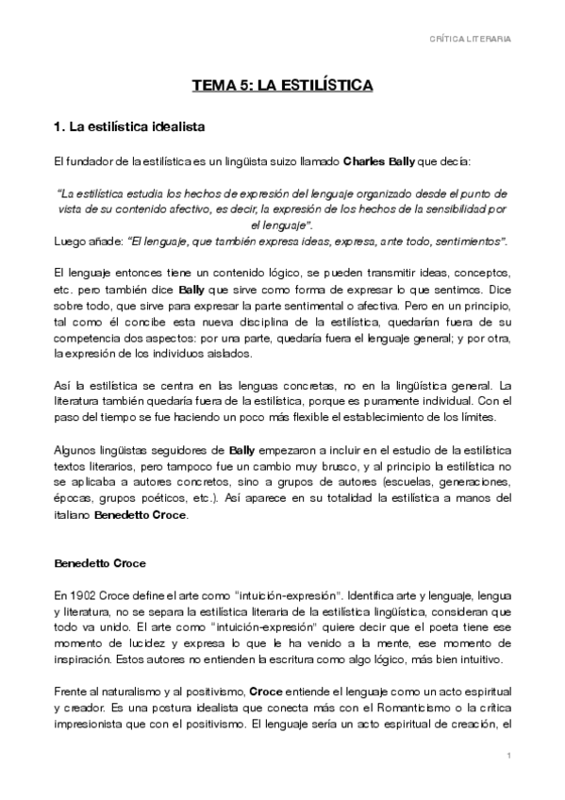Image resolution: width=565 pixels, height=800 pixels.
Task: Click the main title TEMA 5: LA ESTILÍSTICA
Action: pos(283,86)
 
